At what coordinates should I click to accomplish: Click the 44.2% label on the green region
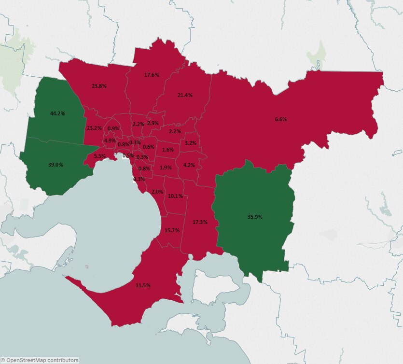pyautogui.click(x=57, y=113)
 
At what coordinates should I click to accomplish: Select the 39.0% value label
pyautogui.click(x=56, y=165)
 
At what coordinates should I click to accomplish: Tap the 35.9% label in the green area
pyautogui.click(x=255, y=217)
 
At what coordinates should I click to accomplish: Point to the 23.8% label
pyautogui.click(x=99, y=86)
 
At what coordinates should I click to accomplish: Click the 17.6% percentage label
pyautogui.click(x=152, y=75)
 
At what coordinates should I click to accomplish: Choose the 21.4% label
pyautogui.click(x=185, y=96)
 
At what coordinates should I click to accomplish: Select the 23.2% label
pyautogui.click(x=94, y=128)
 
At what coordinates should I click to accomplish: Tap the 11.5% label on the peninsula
pyautogui.click(x=143, y=286)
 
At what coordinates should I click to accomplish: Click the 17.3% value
pyautogui.click(x=200, y=222)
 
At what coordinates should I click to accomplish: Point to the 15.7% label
pyautogui.click(x=172, y=230)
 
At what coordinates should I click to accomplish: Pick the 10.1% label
pyautogui.click(x=175, y=196)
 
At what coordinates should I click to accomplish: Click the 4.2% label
pyautogui.click(x=189, y=165)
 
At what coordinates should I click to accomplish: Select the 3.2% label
pyautogui.click(x=191, y=143)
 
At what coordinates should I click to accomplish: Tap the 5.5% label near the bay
pyautogui.click(x=100, y=156)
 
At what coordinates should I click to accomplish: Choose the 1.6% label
pyautogui.click(x=168, y=150)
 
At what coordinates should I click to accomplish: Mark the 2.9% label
pyautogui.click(x=153, y=124)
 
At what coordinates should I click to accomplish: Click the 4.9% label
pyautogui.click(x=110, y=140)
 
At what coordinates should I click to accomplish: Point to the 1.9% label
pyautogui.click(x=166, y=168)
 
